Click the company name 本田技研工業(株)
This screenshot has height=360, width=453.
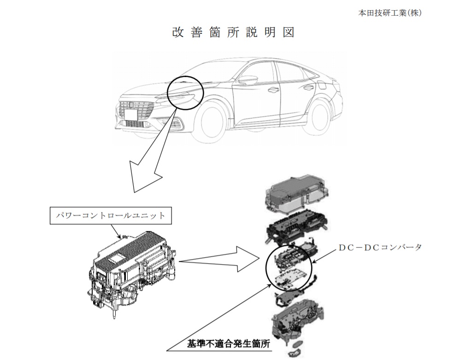389,13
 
